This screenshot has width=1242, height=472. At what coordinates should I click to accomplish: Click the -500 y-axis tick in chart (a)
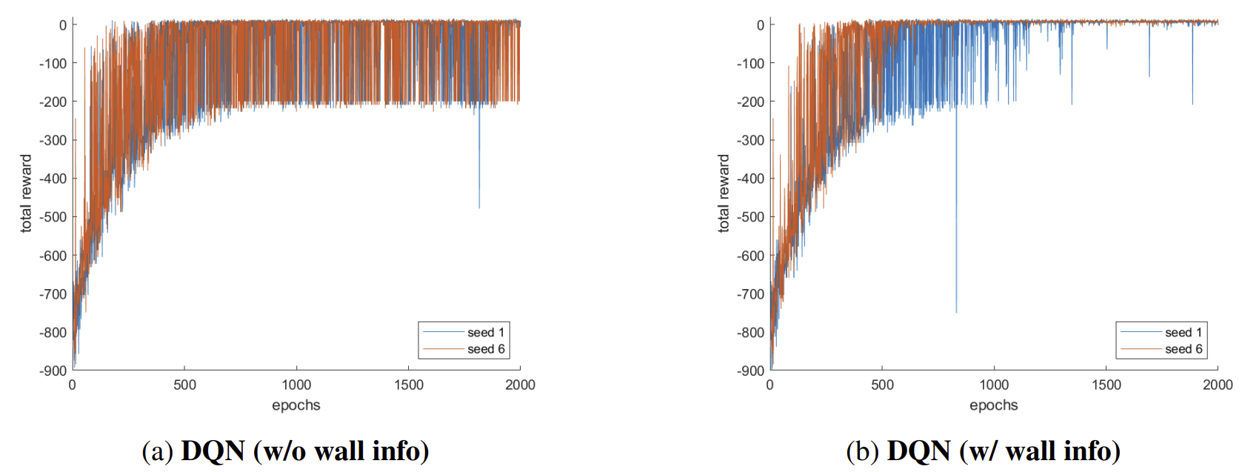[x=53, y=217]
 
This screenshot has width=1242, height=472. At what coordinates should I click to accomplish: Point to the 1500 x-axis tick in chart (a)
[x=409, y=385]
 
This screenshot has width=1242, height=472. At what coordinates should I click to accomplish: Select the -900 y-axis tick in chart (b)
[x=750, y=370]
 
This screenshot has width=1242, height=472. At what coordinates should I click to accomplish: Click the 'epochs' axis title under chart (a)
[x=296, y=405]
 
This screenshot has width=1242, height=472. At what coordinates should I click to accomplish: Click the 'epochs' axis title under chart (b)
[x=994, y=405]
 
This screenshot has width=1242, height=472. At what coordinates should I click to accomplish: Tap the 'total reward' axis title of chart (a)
[x=27, y=193]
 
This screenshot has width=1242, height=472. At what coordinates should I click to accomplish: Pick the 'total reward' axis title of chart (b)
[x=724, y=193]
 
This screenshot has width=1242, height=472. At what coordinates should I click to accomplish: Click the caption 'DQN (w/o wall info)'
[x=286, y=451]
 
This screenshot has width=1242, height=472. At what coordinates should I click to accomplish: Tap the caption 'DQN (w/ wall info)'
[x=983, y=451]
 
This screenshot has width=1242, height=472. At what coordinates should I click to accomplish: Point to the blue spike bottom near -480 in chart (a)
[x=479, y=207]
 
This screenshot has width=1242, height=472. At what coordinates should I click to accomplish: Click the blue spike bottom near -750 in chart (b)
[x=956, y=311]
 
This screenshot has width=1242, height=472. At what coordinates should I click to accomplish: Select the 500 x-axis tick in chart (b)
[x=882, y=385]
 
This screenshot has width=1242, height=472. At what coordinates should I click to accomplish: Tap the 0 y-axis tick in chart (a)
[x=63, y=25]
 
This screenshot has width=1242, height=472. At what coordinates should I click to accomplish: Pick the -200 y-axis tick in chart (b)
[x=750, y=102]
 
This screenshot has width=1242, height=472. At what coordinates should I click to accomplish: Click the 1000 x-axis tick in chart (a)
[x=296, y=385]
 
